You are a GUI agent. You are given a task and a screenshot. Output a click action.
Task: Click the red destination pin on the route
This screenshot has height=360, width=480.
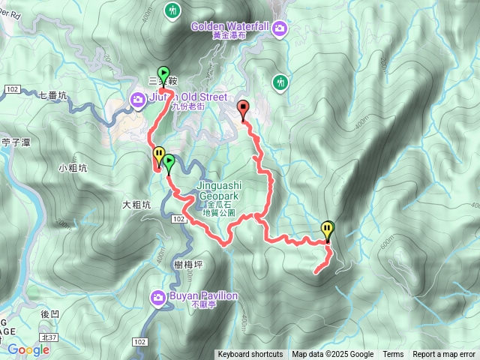coord(243,110)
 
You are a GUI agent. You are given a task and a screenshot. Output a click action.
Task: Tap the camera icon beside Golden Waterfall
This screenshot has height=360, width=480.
coord(280,28)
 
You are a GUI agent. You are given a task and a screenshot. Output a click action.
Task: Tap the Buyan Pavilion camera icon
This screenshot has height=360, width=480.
coord(158,298)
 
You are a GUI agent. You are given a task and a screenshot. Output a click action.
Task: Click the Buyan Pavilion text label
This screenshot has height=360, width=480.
coord(203,296)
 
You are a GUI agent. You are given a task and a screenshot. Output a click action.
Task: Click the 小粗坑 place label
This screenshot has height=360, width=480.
coord(73,168)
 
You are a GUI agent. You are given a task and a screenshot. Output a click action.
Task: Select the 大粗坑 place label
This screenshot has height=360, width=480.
coord(136,204)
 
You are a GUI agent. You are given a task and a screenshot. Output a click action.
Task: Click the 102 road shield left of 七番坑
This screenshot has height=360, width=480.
coord(11,89)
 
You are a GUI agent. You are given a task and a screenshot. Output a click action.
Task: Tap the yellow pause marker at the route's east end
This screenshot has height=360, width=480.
coord(328,229)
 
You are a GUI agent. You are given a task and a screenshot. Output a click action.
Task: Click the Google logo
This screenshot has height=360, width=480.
coord(28,349)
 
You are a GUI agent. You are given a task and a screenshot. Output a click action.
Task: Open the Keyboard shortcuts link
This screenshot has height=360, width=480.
coord(250,355)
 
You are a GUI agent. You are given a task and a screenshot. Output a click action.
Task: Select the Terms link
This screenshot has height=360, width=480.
coord(393,355)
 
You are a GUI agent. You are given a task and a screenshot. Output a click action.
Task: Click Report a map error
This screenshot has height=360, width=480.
coord(445,355)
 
